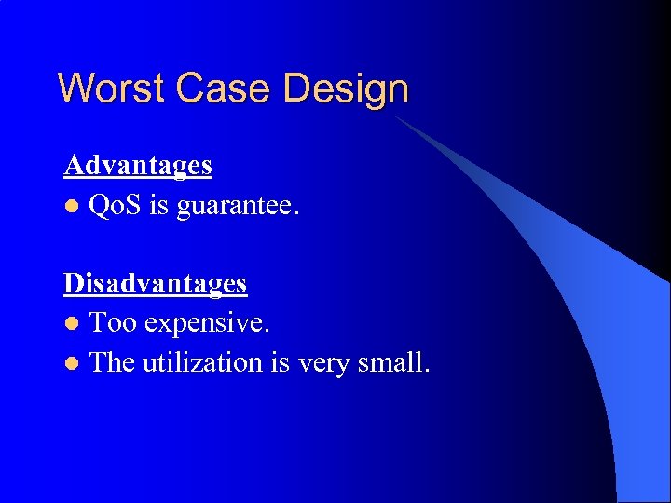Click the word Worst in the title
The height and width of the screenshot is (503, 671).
(x=113, y=89)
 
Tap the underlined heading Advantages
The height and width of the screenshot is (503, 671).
(x=138, y=166)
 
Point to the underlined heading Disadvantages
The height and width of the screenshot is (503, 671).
(x=155, y=283)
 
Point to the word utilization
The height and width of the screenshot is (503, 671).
(x=202, y=362)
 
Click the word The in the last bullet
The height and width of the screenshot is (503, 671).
(x=112, y=362)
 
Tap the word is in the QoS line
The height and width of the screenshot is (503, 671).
(x=158, y=205)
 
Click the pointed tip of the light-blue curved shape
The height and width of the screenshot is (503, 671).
(x=397, y=118)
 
